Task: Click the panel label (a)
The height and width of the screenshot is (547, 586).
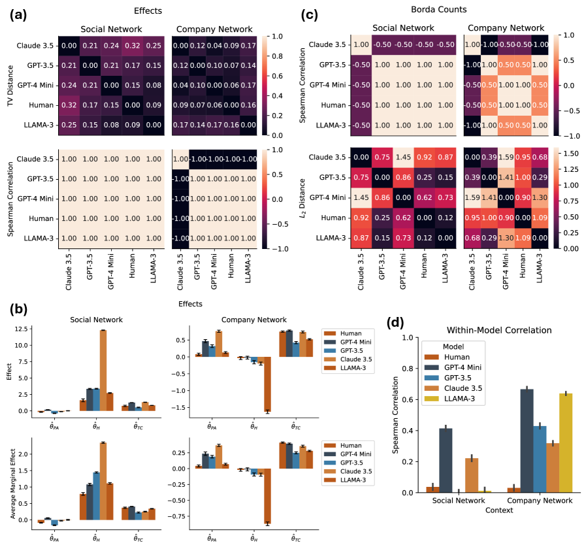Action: click(x=18, y=16)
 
